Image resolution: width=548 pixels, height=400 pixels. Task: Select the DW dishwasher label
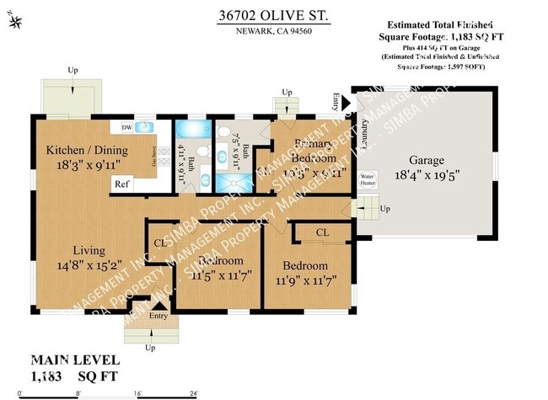[126, 128]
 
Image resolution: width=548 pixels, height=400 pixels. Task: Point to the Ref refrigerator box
[122, 184]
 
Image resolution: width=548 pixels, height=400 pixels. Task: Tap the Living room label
[88, 250]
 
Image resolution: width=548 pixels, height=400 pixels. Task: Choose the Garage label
[427, 159]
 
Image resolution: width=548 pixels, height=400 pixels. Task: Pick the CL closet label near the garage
[322, 232]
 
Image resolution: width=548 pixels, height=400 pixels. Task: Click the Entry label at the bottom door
[158, 315]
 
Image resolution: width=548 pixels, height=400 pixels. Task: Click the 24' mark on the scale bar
[193, 392]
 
